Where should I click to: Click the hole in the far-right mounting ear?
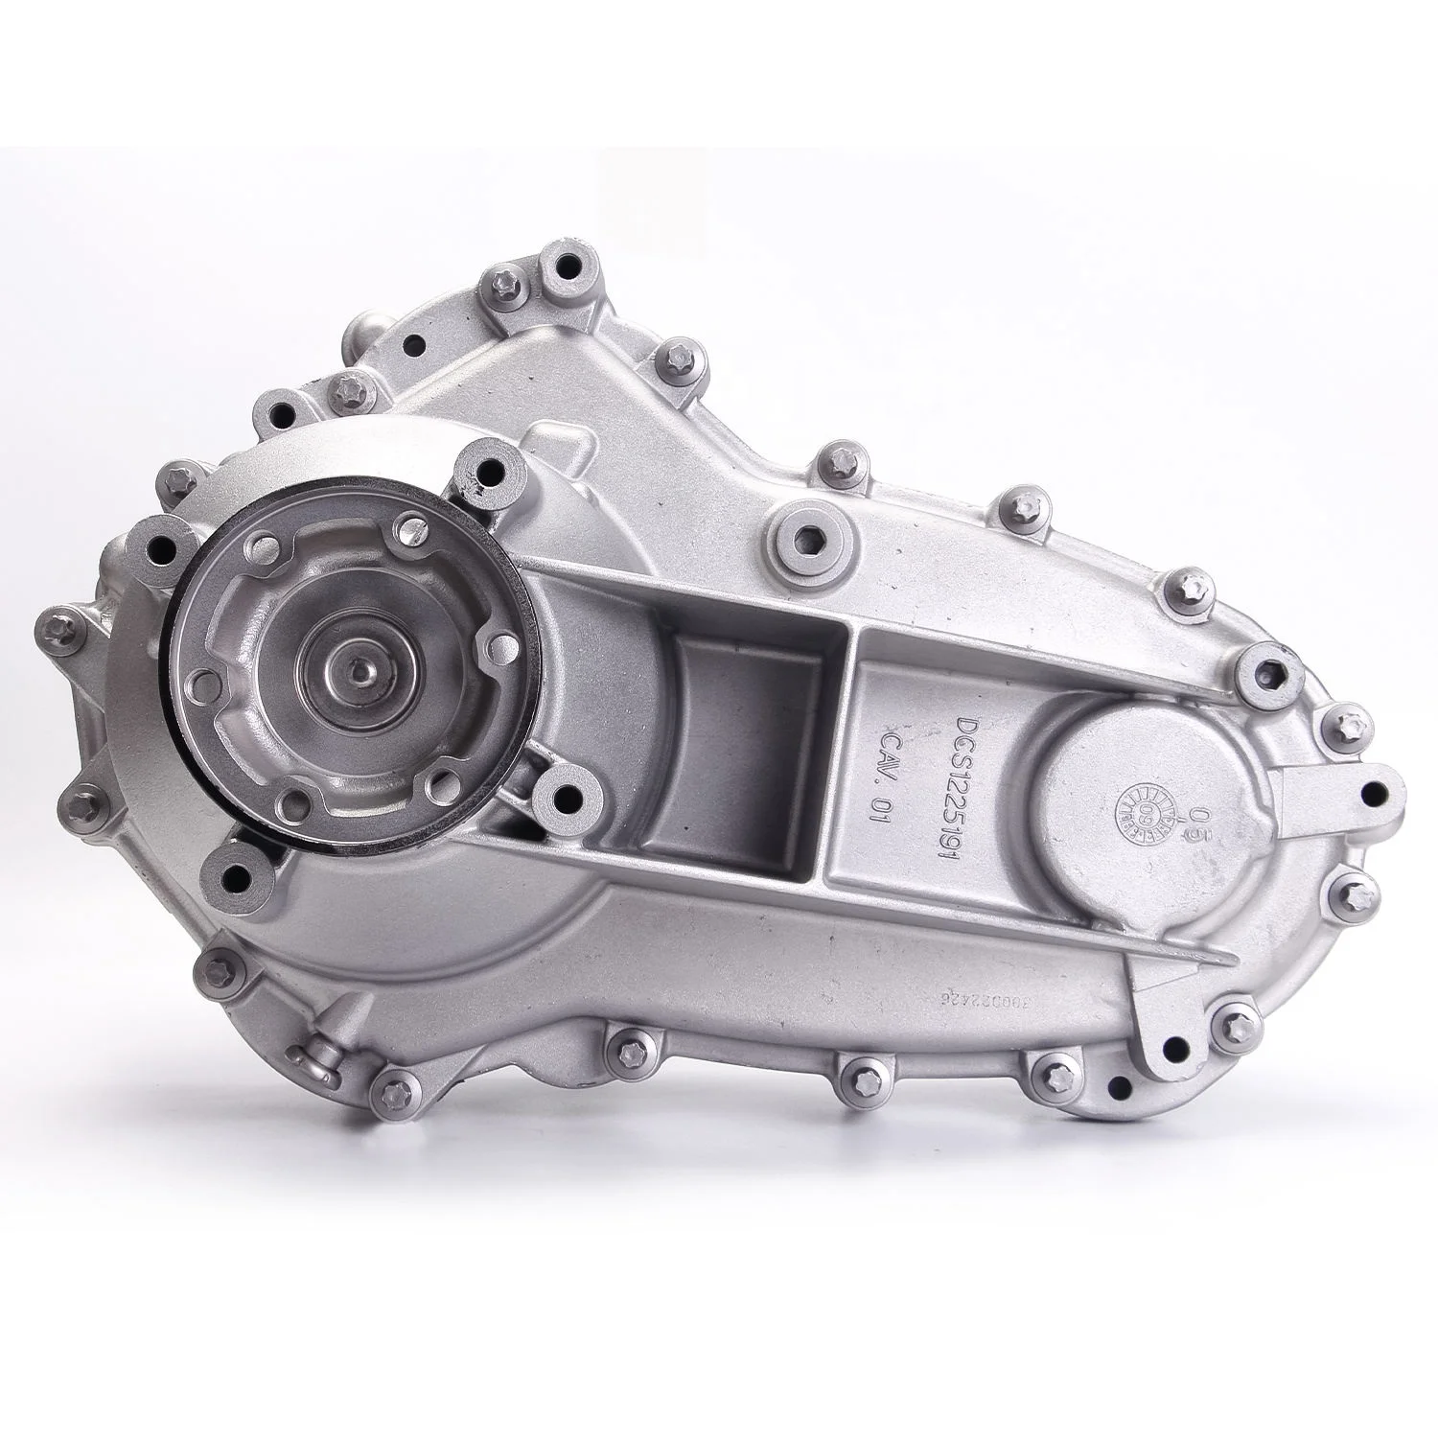[1378, 794]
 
